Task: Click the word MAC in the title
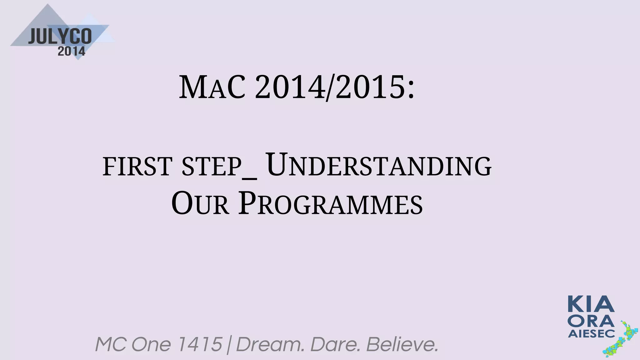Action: point(212,88)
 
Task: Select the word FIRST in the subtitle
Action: point(137,167)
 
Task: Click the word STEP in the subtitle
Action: point(211,167)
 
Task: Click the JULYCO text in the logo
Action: point(60,37)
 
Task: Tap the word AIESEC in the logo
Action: point(591,334)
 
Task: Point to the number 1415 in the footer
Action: point(199,344)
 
